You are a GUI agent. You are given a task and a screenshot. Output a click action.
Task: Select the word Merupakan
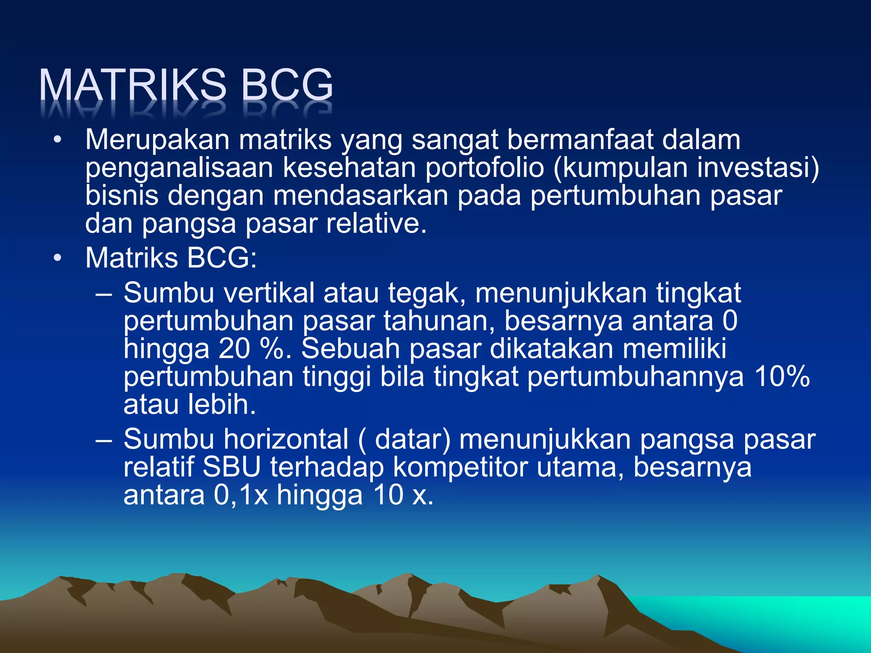click(x=157, y=140)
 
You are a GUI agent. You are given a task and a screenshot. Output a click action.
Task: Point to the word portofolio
click(x=484, y=168)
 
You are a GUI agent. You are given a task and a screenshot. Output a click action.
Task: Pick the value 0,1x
click(x=241, y=495)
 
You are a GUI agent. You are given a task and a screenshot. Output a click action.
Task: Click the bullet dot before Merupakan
click(x=57, y=140)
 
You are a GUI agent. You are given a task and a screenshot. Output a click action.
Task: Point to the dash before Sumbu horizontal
click(x=104, y=440)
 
